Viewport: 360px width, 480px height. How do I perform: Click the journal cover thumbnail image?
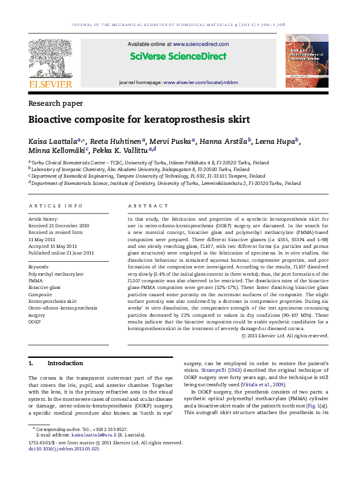[x=306, y=63]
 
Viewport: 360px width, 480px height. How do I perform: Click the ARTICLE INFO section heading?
[x=56, y=206]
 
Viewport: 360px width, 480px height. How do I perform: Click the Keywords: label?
[x=39, y=266]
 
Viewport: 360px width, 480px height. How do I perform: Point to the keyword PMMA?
[x=36, y=281]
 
